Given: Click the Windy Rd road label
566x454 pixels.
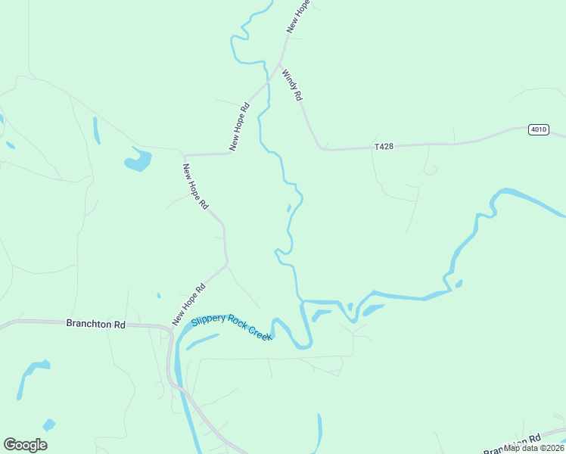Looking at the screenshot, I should tap(293, 86).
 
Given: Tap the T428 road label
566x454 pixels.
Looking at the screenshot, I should tap(384, 147).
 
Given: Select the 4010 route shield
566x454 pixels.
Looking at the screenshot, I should tap(538, 129).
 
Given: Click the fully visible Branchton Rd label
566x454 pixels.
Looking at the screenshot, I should tap(95, 324).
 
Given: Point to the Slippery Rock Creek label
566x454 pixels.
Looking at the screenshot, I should tap(232, 327).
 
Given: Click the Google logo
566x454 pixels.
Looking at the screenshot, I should tap(25, 445).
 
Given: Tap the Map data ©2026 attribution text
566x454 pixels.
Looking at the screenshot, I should tap(533, 447).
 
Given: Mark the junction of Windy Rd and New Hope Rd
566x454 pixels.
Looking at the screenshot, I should tap(281, 64).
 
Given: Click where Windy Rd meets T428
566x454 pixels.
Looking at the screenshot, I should tap(323, 148).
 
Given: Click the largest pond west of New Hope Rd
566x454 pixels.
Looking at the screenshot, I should tap(138, 160).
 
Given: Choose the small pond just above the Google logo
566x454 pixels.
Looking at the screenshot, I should tap(49, 424).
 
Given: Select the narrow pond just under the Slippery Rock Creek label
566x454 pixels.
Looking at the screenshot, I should tap(203, 342).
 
